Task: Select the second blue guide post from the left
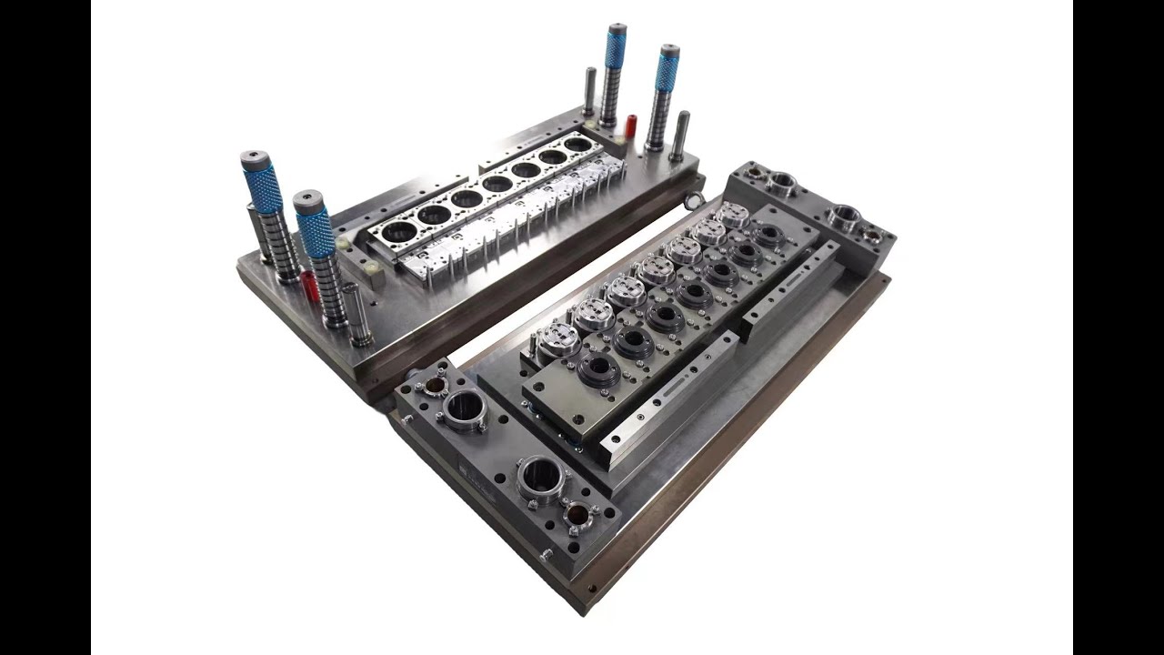[x=316, y=227]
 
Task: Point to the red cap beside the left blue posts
[x=310, y=284]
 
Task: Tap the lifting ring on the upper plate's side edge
[x=693, y=200]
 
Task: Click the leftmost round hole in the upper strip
[x=398, y=231]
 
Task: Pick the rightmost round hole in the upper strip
[x=577, y=144]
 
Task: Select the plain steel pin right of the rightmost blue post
[x=680, y=136]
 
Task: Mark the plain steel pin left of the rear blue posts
[x=590, y=91]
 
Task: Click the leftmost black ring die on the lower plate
[x=597, y=371]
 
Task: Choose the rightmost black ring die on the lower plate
[x=769, y=235]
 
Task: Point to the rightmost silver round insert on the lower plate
[x=732, y=216]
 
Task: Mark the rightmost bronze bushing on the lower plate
[x=871, y=235]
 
